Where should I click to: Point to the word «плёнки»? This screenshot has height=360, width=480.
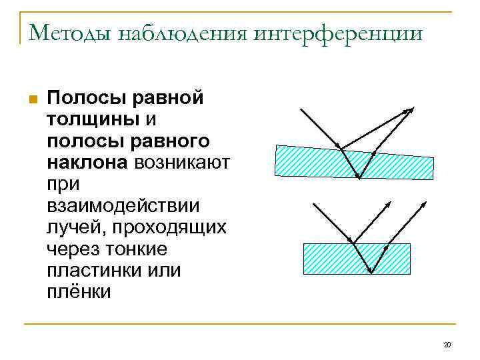tap(79, 292)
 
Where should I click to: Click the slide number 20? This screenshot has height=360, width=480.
tap(447, 345)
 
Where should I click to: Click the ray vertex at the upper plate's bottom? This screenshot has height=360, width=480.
tap(358, 179)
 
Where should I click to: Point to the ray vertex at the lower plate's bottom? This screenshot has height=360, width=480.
tap(371, 271)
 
